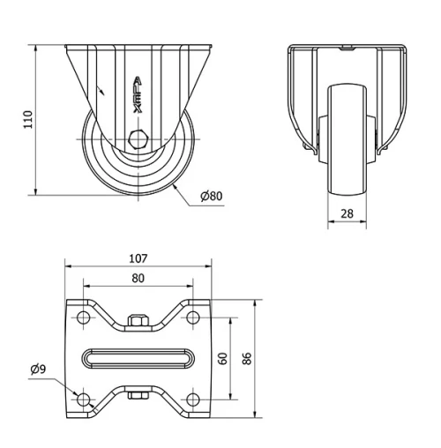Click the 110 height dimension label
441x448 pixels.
(x=27, y=119)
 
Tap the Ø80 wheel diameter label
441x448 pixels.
(x=210, y=196)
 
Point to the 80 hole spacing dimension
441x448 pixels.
(x=138, y=278)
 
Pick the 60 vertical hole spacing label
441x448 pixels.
(x=224, y=358)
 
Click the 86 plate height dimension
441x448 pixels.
(x=248, y=358)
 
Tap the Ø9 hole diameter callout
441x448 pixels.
(x=38, y=369)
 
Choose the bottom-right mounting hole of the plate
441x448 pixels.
(x=192, y=399)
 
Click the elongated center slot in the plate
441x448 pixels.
(x=138, y=358)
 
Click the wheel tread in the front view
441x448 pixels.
(x=347, y=141)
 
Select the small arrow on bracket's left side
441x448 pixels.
(x=103, y=88)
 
